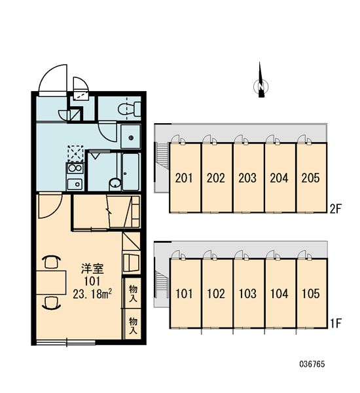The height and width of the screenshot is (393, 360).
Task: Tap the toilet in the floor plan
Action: point(129,109)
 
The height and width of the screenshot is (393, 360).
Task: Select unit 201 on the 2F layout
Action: point(184,178)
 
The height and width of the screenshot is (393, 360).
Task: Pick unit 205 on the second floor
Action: point(311,178)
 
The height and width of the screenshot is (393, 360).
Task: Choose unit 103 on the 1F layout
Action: point(248,293)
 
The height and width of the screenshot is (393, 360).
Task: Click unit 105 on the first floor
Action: point(311,293)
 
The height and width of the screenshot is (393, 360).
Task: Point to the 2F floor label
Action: point(336,209)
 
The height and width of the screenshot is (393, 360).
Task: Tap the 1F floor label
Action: point(336,324)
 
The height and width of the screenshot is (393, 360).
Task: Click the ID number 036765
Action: point(312,364)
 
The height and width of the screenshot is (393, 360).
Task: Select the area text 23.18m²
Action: point(92,294)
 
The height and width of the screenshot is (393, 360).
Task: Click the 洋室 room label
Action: point(92,269)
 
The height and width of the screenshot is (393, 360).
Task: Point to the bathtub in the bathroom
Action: point(130,172)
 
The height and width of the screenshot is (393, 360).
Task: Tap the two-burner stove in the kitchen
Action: point(75,168)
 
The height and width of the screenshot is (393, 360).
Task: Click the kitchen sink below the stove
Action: point(75,184)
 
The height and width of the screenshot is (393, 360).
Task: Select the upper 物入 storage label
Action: point(133,293)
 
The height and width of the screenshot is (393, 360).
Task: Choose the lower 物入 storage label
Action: point(133,326)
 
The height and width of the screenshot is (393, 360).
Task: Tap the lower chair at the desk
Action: point(51,303)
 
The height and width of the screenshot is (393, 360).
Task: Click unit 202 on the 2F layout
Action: point(216,178)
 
